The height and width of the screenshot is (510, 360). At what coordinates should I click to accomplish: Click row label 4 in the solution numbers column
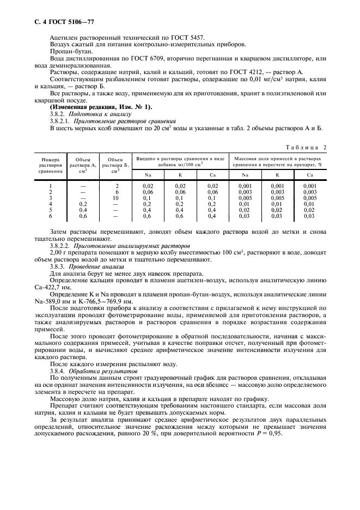51,204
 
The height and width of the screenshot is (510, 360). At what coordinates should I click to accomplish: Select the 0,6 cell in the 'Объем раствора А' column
83,216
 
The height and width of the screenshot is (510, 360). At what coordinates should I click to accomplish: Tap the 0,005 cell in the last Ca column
309,198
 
